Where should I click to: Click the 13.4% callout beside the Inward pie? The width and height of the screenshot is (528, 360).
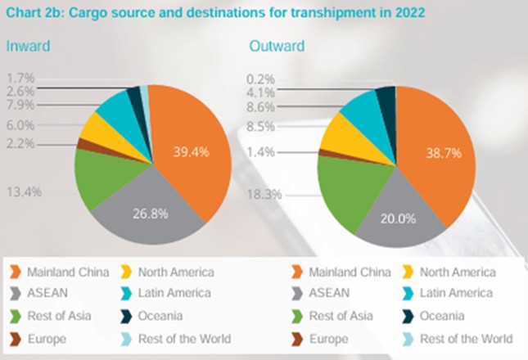tap(25, 192)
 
